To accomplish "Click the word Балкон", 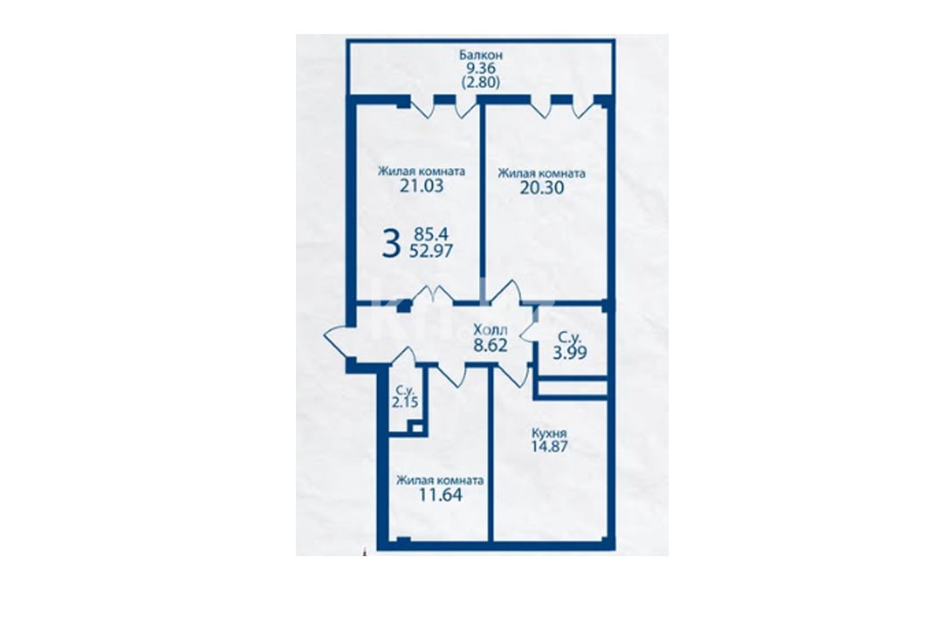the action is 480,55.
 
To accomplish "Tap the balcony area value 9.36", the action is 480,69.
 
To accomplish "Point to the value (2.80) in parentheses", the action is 480,82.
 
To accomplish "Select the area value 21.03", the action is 422,187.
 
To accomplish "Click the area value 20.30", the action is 541,189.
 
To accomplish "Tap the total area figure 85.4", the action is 431,235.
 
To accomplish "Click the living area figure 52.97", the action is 431,251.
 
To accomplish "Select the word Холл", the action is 490,331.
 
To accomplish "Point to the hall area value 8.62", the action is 490,346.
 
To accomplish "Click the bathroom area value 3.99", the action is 570,354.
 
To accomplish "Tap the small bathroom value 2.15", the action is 404,402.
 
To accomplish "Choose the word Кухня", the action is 549,433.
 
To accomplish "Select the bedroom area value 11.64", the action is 440,495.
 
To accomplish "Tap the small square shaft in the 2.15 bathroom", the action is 417,429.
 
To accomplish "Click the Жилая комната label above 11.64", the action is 440,480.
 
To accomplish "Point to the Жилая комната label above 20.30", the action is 541,174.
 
